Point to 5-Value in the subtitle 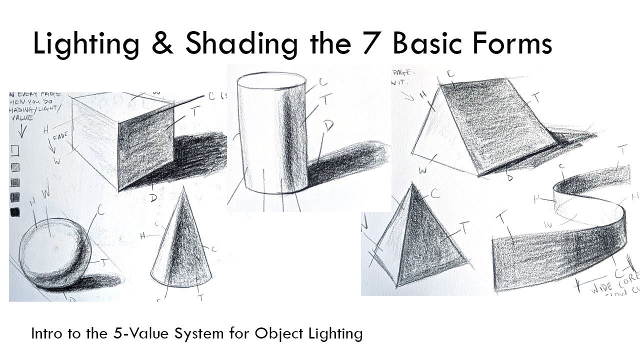coord(142,333)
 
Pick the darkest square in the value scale coord(15,212)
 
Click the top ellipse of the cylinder coord(271,81)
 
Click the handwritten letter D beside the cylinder coord(328,126)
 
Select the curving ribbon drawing coord(560,240)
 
